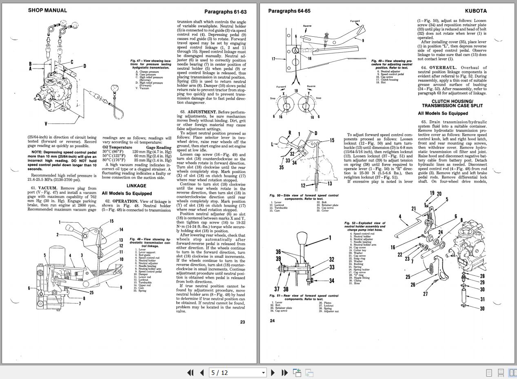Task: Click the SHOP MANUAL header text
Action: (47, 10)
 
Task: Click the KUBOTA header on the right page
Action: (475, 11)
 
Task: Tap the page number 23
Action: (242, 322)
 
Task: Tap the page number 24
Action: (272, 321)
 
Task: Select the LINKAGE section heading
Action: (136, 186)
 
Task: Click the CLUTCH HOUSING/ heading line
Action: (452, 101)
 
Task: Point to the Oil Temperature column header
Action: (118, 147)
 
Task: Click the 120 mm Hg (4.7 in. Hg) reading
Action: (152, 151)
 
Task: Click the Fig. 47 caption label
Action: (138, 61)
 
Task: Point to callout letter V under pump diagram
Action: (46, 123)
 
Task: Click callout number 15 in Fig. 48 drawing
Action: (111, 221)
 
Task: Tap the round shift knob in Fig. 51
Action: (302, 238)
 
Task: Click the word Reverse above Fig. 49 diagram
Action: (307, 26)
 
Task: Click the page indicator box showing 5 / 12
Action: (238, 372)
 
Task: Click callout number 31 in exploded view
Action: (482, 299)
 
